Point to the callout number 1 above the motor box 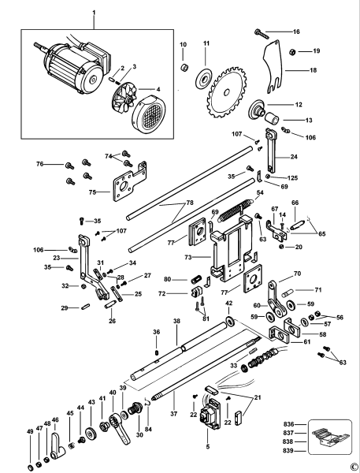pyautogui.click(x=92, y=13)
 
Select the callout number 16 pyautogui.click(x=296, y=32)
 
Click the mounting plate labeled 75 pyautogui.click(x=125, y=184)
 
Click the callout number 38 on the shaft pyautogui.click(x=177, y=322)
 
